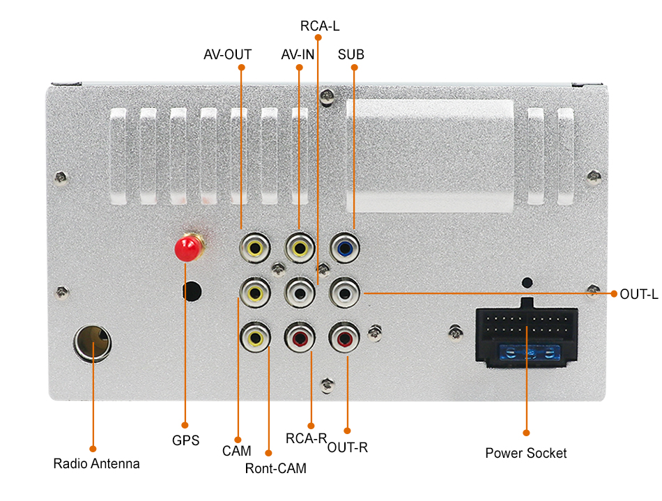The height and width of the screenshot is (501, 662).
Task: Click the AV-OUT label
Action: [x=227, y=54]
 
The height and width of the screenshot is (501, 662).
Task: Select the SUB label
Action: [x=351, y=54]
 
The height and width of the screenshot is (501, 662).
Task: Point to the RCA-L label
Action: [x=320, y=26]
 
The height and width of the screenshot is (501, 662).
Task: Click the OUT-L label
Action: [x=638, y=294]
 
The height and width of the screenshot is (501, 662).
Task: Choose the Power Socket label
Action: [x=526, y=453]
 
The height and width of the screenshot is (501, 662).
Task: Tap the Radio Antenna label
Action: [x=96, y=463]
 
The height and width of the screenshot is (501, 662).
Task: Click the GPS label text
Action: [x=185, y=440]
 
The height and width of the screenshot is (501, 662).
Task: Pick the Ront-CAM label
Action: [x=275, y=468]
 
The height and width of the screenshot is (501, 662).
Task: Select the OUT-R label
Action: [x=347, y=447]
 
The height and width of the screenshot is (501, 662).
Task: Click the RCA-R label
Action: [x=307, y=438]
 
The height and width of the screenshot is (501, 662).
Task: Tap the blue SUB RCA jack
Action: [x=344, y=247]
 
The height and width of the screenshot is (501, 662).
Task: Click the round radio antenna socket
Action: [x=92, y=344]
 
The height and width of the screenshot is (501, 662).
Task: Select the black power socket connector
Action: [x=526, y=334]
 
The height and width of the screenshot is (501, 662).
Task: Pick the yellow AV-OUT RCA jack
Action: [x=255, y=247]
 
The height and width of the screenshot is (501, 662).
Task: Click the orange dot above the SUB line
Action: [x=354, y=68]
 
